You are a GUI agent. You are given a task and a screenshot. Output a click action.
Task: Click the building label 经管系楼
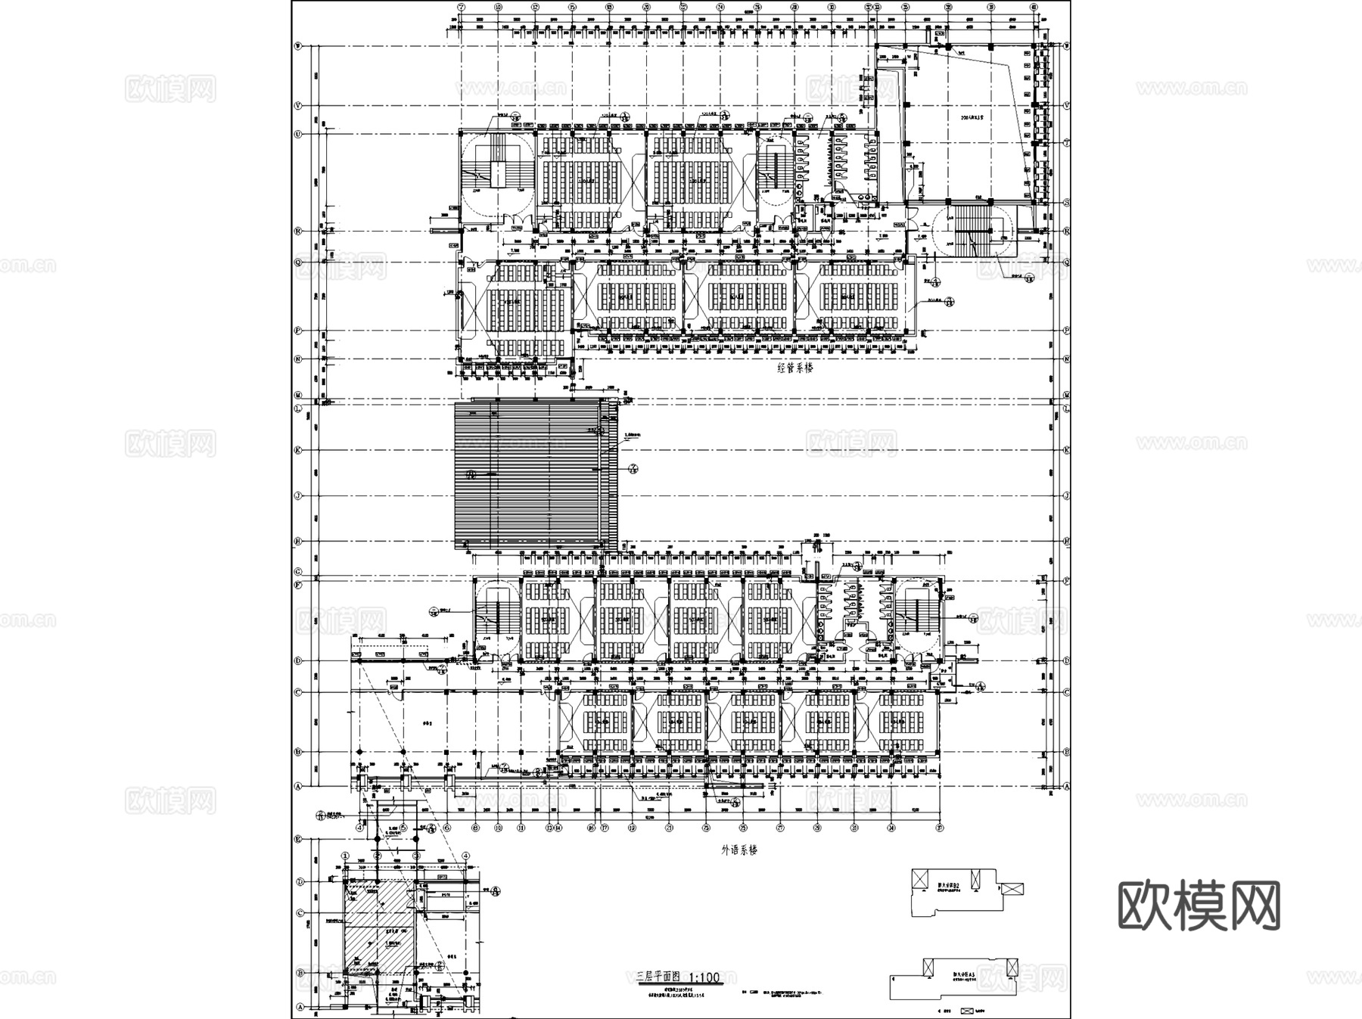[x=794, y=368]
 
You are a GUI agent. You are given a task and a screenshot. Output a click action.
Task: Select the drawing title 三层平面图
[x=659, y=977]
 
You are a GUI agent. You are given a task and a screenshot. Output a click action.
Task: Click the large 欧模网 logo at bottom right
[x=1199, y=905]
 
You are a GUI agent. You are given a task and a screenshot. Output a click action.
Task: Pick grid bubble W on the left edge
[x=298, y=46]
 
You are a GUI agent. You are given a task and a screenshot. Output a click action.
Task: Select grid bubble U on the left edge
[x=298, y=135]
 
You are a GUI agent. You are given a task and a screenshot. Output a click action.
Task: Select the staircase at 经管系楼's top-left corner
[x=496, y=171]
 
